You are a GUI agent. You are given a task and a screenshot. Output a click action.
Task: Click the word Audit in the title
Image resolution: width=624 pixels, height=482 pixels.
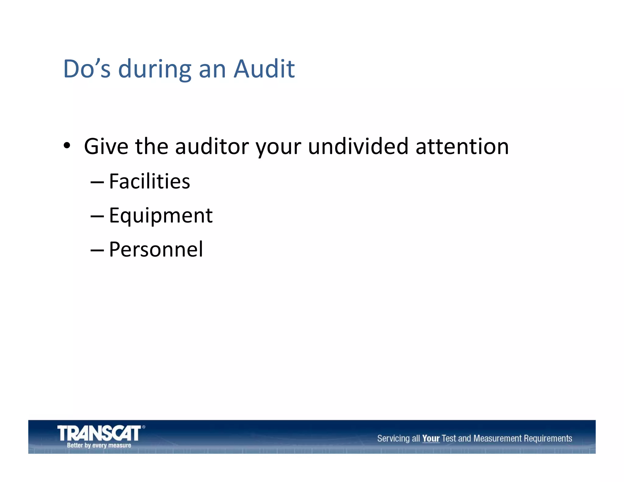(264, 69)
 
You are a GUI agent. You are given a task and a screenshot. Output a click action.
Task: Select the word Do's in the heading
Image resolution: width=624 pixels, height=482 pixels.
(87, 69)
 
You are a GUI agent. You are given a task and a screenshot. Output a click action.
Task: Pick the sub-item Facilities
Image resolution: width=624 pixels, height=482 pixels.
(149, 181)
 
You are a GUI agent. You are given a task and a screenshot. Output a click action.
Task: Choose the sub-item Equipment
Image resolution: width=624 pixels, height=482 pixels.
(161, 216)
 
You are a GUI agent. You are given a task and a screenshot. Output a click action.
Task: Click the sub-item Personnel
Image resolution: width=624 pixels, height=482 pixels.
(156, 250)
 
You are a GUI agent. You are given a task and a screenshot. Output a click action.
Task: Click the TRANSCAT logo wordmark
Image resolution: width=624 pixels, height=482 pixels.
(99, 433)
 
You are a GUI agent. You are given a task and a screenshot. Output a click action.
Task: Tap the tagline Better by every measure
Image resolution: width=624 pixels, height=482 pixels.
(99, 445)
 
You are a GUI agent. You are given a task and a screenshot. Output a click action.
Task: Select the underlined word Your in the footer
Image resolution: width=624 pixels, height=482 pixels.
(431, 438)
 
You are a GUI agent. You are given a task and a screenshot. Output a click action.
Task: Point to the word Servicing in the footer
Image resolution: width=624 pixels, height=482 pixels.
(393, 438)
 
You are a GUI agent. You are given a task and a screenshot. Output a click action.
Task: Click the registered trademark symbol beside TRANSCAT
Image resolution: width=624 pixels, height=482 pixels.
(144, 427)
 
